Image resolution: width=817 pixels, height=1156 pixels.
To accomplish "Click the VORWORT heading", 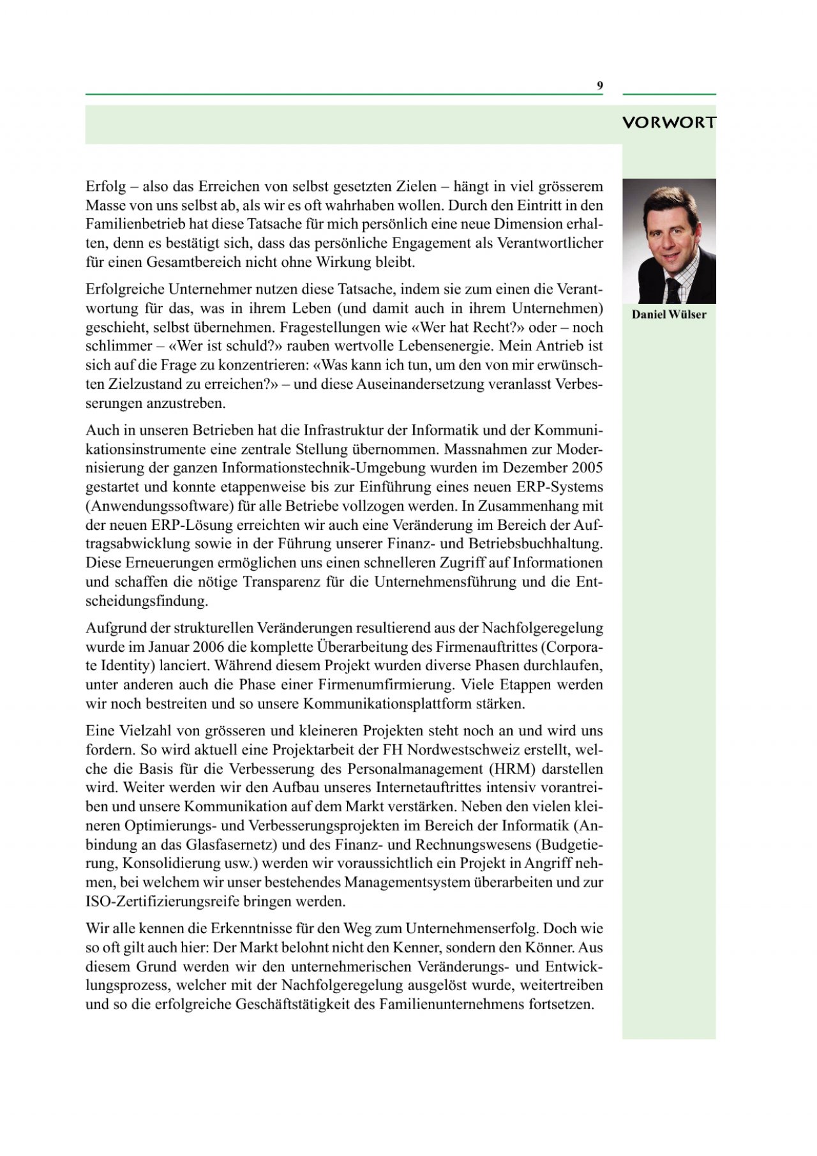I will (x=668, y=123).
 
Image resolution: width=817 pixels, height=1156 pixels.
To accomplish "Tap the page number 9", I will (x=600, y=86).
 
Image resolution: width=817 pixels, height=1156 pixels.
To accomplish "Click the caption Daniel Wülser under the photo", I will (x=669, y=315).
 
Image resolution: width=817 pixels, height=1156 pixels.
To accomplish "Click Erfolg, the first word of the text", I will (x=106, y=187).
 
